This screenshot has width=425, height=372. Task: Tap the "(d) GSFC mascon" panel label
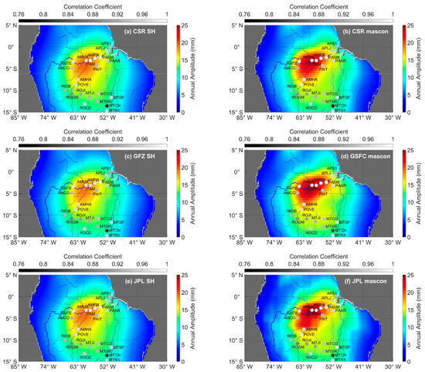pyautogui.click(x=357, y=155)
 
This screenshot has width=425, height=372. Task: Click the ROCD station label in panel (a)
pyautogui.click(x=86, y=106)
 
